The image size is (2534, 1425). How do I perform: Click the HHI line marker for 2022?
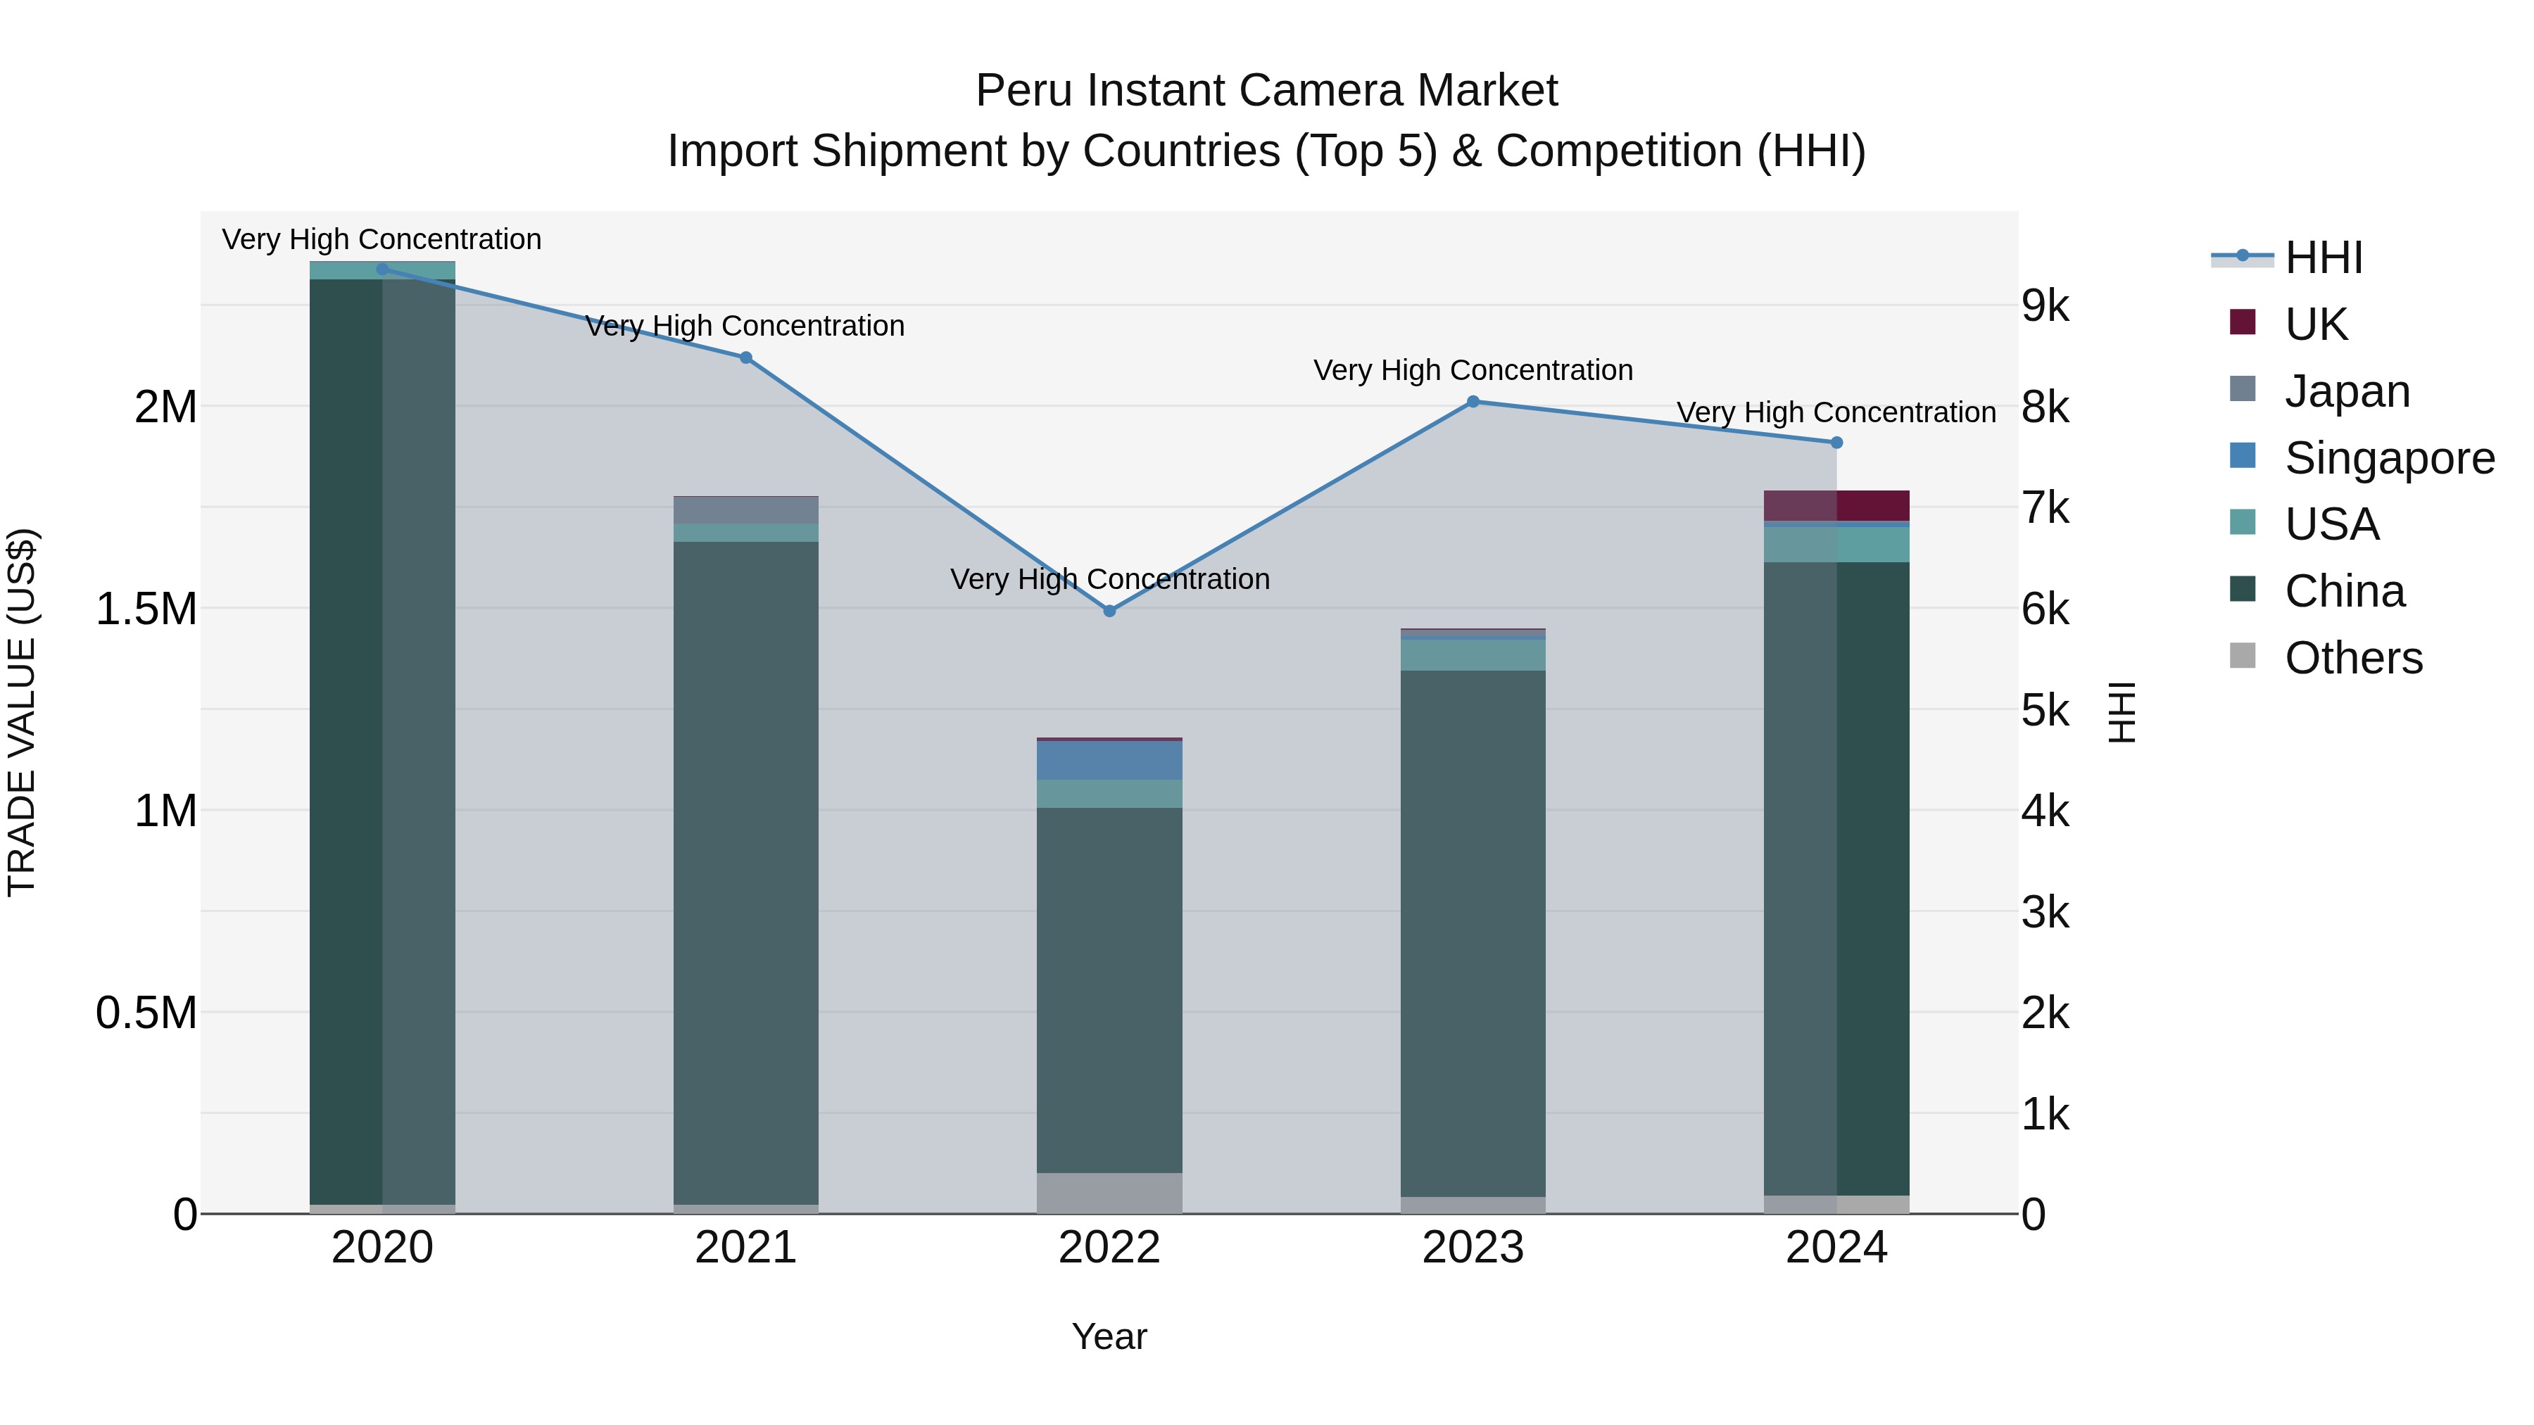1109,611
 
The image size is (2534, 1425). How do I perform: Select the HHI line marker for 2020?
383,269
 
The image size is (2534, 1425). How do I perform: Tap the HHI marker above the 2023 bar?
1473,401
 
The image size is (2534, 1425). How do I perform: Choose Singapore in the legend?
2388,457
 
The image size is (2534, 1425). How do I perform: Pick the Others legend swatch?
2242,656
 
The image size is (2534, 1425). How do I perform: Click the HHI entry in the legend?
2323,257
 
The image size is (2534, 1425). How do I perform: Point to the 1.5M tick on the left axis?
146,609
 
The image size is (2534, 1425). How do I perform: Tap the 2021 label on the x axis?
745,1248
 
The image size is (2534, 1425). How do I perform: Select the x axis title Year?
1109,1336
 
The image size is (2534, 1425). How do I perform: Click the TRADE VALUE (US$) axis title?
22,712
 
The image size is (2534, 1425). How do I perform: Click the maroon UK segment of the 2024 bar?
1836,505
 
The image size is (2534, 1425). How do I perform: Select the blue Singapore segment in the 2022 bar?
1109,760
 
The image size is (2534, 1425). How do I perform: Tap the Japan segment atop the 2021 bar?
745,509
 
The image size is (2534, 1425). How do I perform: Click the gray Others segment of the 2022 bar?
1109,1192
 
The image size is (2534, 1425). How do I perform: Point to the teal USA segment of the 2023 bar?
1473,655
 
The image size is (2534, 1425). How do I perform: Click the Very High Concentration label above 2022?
1109,579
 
